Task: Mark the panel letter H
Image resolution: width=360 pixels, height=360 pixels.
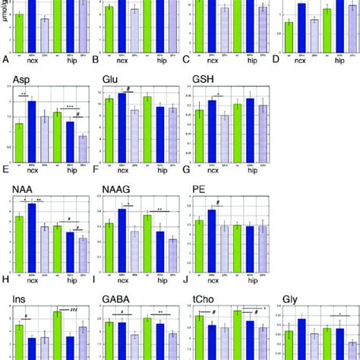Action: (6, 279)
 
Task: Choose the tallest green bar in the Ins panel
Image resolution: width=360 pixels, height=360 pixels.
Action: (57, 334)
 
